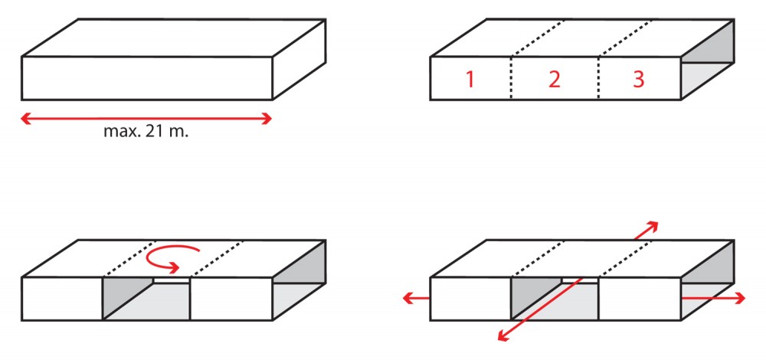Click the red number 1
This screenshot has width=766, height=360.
point(470,79)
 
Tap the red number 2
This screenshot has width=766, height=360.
point(554,79)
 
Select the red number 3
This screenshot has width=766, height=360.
point(639,79)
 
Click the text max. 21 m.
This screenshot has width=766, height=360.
point(146,132)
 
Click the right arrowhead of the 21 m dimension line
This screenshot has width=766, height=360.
point(267,119)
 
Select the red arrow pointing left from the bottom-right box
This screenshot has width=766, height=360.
point(416,298)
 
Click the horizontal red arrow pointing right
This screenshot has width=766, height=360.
point(713,298)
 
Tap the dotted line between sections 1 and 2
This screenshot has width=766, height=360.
point(511,78)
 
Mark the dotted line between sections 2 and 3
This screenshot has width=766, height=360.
point(598,78)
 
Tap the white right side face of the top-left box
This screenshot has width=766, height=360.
point(299,60)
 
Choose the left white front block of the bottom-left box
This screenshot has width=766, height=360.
point(62,299)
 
